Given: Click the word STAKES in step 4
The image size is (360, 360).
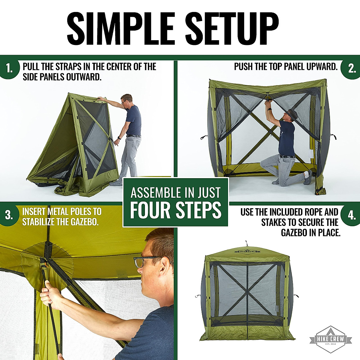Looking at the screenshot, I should (x=274, y=223).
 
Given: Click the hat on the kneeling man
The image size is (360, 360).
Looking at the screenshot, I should (x=291, y=113).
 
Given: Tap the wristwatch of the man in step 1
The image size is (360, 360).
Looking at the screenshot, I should (x=119, y=138).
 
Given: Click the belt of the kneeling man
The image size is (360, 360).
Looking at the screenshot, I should (x=287, y=156).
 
